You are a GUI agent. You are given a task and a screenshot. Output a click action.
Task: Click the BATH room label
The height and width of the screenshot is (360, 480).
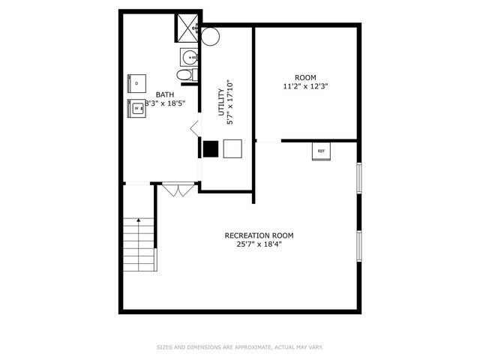165,94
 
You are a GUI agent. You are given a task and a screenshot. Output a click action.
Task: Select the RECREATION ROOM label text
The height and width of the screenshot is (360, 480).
259,235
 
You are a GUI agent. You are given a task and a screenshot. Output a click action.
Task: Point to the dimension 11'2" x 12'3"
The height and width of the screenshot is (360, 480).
305,86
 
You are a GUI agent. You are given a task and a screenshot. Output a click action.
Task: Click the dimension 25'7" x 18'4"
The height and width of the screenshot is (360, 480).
259,244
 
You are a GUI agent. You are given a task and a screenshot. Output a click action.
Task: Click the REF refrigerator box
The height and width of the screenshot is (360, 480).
321,151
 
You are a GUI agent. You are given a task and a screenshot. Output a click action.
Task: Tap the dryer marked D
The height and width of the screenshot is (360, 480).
136,83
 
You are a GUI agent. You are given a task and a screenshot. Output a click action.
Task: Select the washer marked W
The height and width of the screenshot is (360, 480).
137,109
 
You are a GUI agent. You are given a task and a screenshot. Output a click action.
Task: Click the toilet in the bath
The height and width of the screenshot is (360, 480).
184,75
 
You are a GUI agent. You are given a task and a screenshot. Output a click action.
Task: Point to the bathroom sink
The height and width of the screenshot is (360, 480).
188,55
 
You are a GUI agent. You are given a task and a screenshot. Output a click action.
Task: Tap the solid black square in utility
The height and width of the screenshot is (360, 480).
211,149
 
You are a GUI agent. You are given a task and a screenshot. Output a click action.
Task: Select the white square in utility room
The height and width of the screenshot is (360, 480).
232,149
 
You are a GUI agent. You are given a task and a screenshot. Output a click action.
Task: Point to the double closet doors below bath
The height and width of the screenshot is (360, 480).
177,190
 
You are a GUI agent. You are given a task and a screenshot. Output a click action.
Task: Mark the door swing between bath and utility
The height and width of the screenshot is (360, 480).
194,128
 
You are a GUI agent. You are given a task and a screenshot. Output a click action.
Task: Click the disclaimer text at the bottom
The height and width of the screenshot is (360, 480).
239,347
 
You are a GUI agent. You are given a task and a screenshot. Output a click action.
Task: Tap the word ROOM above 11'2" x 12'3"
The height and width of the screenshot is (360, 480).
305,77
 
